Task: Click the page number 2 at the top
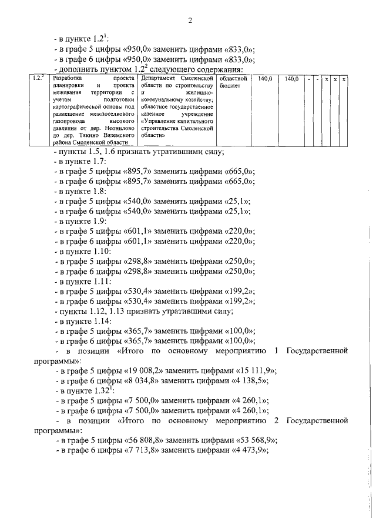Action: point(190,22)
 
